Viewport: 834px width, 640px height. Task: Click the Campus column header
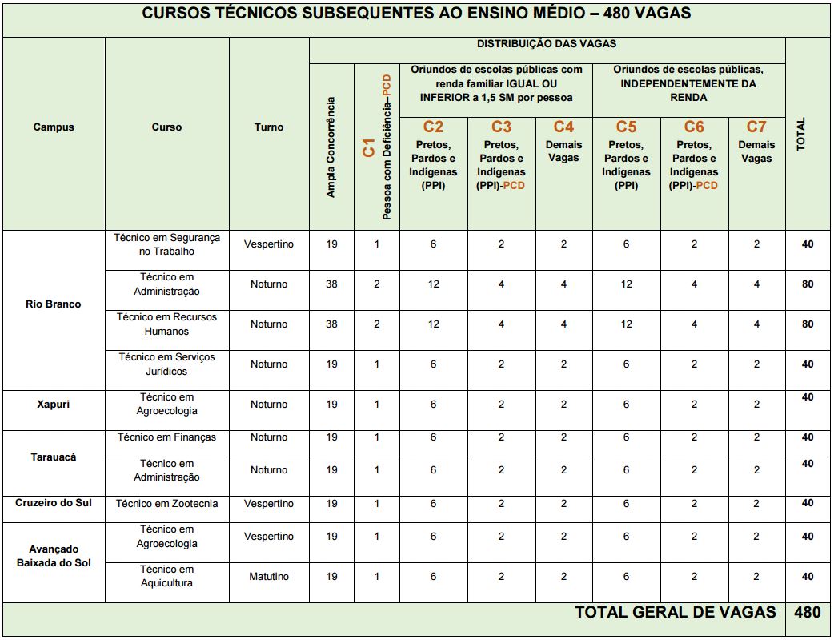(54, 127)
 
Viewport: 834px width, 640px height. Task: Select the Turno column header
(269, 127)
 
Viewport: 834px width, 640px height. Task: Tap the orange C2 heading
(433, 127)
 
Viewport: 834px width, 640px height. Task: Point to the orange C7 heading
(756, 127)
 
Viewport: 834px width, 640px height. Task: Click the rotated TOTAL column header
(801, 134)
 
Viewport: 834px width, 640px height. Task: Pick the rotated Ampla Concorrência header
(331, 147)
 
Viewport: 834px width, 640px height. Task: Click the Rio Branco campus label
(54, 304)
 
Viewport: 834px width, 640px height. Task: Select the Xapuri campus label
(54, 404)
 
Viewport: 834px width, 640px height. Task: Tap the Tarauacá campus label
(54, 457)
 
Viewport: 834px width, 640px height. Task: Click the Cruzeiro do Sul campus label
(54, 503)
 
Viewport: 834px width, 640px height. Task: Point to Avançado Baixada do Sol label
(54, 556)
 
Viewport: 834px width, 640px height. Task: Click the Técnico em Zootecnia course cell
(166, 504)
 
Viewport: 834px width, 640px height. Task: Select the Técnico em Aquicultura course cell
(166, 576)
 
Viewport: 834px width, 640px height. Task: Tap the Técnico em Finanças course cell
(166, 437)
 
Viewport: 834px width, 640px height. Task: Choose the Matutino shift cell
(269, 577)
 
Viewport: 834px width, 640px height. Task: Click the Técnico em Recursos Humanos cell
(166, 324)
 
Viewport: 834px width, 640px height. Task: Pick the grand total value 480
(807, 613)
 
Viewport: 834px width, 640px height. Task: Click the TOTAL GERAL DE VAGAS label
(676, 613)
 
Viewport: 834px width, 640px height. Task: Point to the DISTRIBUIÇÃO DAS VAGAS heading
(547, 44)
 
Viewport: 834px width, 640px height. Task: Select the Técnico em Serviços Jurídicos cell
(166, 364)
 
